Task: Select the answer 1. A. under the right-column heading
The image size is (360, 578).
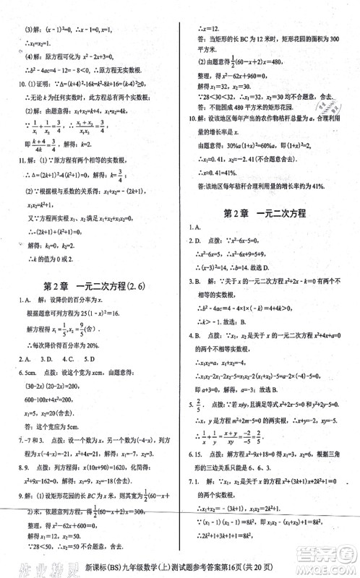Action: pos(194,228)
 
